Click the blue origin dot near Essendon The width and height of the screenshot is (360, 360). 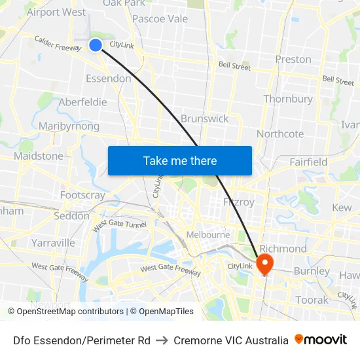pyautogui.click(x=96, y=45)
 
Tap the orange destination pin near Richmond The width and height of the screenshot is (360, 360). pyautogui.click(x=265, y=264)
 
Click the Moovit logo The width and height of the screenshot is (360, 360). pyautogui.click(x=321, y=340)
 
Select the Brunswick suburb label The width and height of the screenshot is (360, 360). pyautogui.click(x=205, y=118)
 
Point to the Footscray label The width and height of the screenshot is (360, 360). pyautogui.click(x=82, y=195)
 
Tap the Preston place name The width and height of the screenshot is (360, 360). pyautogui.click(x=293, y=59)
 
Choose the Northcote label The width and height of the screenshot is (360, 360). pyautogui.click(x=280, y=134)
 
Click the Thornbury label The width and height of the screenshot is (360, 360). pyautogui.click(x=288, y=99)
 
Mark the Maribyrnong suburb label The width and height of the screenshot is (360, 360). pyautogui.click(x=69, y=126)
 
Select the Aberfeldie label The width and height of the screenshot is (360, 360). pyautogui.click(x=82, y=102)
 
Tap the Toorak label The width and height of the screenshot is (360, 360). pyautogui.click(x=312, y=300)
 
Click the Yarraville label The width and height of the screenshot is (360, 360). pyautogui.click(x=53, y=243)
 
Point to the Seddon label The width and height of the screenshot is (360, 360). pyautogui.click(x=71, y=215)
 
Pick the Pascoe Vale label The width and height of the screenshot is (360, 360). pyautogui.click(x=160, y=18)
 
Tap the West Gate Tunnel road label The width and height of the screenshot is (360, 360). pyautogui.click(x=120, y=224)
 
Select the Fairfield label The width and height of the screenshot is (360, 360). pyautogui.click(x=308, y=162)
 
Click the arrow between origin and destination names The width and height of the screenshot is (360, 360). pyautogui.click(x=162, y=340)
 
